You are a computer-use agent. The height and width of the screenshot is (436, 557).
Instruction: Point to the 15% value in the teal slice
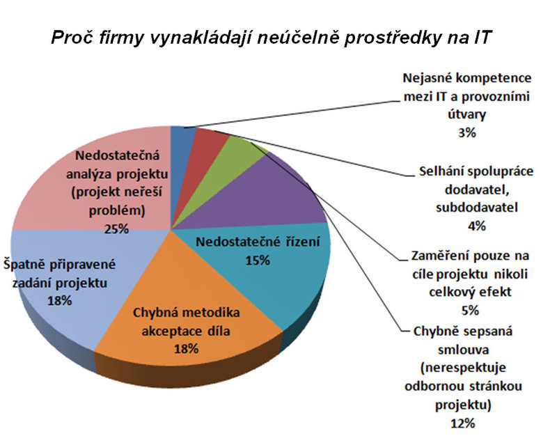pyautogui.click(x=258, y=260)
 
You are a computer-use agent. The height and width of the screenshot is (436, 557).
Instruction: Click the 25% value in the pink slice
pyautogui.click(x=116, y=229)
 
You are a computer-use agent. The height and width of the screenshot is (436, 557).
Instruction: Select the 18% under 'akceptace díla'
pyautogui.click(x=186, y=348)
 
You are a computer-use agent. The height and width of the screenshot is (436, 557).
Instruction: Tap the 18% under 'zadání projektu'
pyautogui.click(x=60, y=301)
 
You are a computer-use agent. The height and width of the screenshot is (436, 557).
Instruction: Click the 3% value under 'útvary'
pyautogui.click(x=467, y=133)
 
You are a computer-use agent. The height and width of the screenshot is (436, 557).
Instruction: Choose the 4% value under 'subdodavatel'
pyautogui.click(x=477, y=226)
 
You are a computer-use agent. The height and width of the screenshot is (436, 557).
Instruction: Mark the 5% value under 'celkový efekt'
pyautogui.click(x=470, y=311)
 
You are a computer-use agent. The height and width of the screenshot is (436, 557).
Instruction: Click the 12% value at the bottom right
pyautogui.click(x=463, y=423)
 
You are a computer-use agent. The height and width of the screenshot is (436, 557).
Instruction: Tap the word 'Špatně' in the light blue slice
pyautogui.click(x=24, y=265)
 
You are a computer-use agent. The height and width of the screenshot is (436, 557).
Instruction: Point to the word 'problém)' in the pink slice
pyautogui.click(x=117, y=211)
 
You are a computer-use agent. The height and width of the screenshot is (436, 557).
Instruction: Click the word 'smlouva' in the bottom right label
pyautogui.click(x=463, y=350)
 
